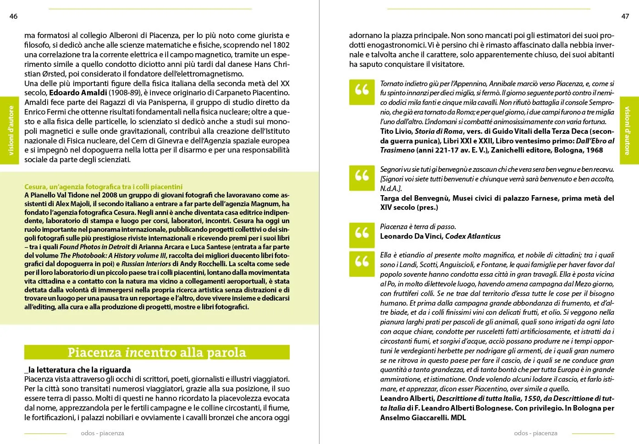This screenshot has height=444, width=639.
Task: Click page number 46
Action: [x=13, y=16]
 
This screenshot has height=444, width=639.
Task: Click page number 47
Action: [x=625, y=16]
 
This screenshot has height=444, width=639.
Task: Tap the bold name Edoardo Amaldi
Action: [x=78, y=93]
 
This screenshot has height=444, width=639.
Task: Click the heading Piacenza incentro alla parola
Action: [x=157, y=352]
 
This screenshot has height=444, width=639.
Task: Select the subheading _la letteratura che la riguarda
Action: [x=77, y=370]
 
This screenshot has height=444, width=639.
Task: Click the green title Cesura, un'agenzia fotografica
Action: [x=103, y=186]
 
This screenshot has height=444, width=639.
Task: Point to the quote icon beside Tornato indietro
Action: [x=362, y=89]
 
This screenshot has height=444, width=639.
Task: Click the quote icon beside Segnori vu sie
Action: [x=362, y=175]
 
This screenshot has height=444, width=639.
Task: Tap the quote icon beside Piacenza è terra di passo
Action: [x=362, y=233]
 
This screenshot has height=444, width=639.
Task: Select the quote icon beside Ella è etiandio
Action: [x=362, y=262]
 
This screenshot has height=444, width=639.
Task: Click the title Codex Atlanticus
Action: [x=473, y=236]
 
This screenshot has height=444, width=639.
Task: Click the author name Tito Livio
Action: [x=396, y=132]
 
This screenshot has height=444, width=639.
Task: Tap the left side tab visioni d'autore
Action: [x=10, y=131]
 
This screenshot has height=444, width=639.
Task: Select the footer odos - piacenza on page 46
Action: [x=102, y=433]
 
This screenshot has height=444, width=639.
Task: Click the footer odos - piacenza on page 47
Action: [x=535, y=433]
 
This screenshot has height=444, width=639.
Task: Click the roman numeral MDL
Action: [x=458, y=417]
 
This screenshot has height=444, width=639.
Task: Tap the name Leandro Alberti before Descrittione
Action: [x=407, y=399]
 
